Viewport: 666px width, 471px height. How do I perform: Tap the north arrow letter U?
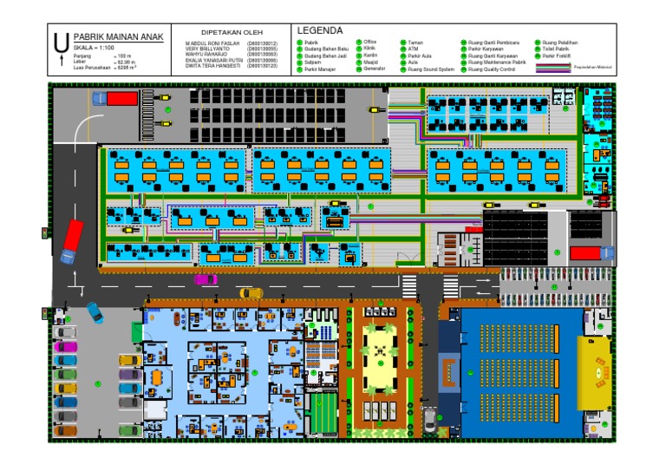point(59,41)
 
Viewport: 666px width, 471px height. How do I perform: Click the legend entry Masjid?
point(370,62)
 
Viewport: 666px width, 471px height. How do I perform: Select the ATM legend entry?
point(414,49)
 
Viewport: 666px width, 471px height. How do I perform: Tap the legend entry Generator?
point(375,69)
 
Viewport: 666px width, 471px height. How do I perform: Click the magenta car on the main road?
point(206,278)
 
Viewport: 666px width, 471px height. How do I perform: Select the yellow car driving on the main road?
point(251,292)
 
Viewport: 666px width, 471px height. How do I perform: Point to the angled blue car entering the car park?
point(94,311)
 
